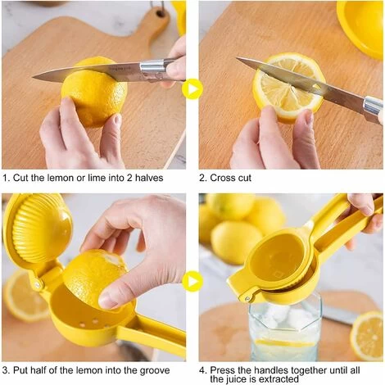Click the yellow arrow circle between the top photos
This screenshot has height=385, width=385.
(192, 88)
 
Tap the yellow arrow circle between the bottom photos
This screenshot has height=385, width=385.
(192, 282)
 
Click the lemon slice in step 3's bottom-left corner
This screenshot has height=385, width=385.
(25, 297)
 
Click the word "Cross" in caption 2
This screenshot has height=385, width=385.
(224, 178)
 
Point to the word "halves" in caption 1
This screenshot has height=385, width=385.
(148, 178)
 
